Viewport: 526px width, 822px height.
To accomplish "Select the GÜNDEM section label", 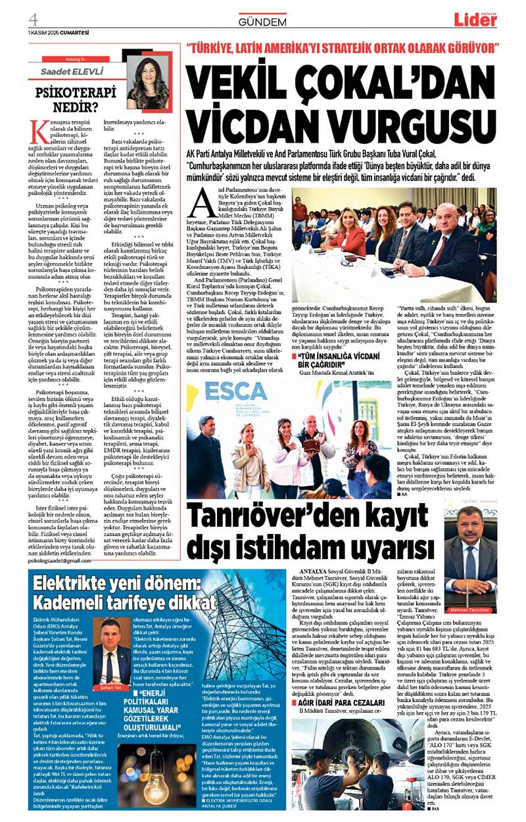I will tap(262, 22).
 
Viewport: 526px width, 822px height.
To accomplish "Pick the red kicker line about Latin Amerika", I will tap(343, 48).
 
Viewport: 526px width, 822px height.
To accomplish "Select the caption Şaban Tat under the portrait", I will tap(111, 688).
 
